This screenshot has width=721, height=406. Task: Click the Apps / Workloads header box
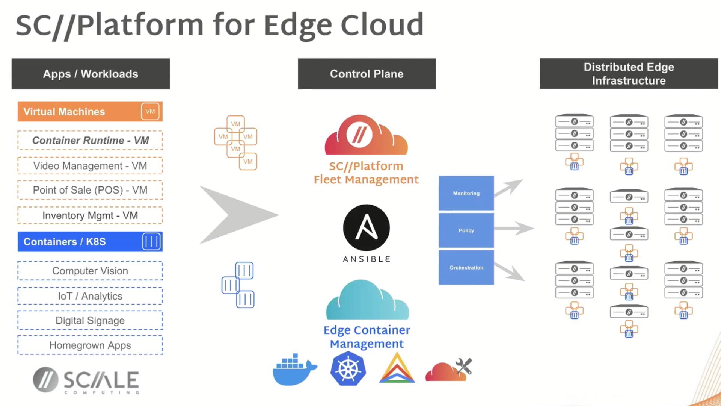(91, 74)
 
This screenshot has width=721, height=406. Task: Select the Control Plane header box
(367, 74)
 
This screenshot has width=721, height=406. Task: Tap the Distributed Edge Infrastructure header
(629, 74)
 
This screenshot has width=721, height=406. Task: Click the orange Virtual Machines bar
(90, 111)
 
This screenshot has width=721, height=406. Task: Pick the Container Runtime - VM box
(90, 140)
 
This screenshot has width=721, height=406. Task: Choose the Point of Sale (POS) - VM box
(90, 190)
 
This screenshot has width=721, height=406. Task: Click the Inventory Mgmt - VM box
(90, 215)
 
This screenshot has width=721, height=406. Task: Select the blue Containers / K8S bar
(90, 241)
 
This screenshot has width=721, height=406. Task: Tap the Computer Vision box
(90, 271)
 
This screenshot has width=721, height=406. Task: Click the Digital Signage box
(90, 320)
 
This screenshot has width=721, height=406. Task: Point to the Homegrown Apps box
(90, 345)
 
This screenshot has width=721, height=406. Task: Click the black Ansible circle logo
(366, 228)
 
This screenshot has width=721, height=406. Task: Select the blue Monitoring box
(466, 193)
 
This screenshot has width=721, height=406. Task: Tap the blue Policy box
(466, 230)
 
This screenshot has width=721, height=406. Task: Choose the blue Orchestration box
(466, 267)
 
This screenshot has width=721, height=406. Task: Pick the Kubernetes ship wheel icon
(348, 369)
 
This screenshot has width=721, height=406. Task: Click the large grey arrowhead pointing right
(237, 215)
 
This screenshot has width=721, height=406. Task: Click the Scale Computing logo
(86, 380)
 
